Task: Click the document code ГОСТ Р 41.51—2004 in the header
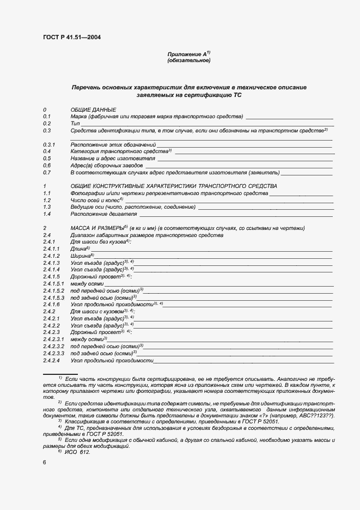tap(71, 37)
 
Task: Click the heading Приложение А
tap(187, 54)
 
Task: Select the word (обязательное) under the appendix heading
tap(188, 60)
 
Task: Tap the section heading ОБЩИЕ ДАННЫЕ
tap(94, 110)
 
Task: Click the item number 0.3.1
tap(50, 144)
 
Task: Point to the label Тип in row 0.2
tap(75, 124)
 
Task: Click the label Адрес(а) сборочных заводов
tap(107, 165)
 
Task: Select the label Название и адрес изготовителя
tap(113, 158)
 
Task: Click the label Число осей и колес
tap(96, 200)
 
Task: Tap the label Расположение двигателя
tap(103, 214)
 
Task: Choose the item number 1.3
tap(47, 207)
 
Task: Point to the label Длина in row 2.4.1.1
tap(80, 248)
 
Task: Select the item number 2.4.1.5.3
tap(53, 297)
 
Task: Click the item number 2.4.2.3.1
tap(53, 339)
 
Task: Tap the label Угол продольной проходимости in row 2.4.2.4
tap(112, 360)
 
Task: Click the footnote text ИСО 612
tap(77, 452)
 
